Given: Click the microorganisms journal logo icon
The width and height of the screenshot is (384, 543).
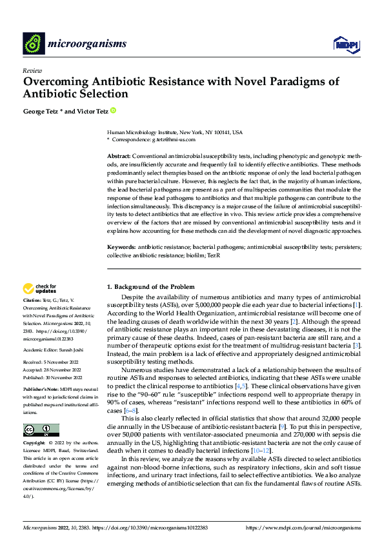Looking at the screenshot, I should pos(33,43).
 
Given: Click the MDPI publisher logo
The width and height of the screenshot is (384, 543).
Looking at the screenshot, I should pos(345,43).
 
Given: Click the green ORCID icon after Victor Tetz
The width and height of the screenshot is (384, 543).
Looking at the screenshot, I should pos(114,111).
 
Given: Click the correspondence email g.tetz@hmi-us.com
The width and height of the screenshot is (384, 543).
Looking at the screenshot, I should pos(170,139).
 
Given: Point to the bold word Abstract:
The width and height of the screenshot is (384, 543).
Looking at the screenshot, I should pos(119,157).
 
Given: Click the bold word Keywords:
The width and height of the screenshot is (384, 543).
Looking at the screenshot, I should pos(121,247).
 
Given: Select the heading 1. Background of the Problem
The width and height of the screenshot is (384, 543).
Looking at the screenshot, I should pos(154,286).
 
